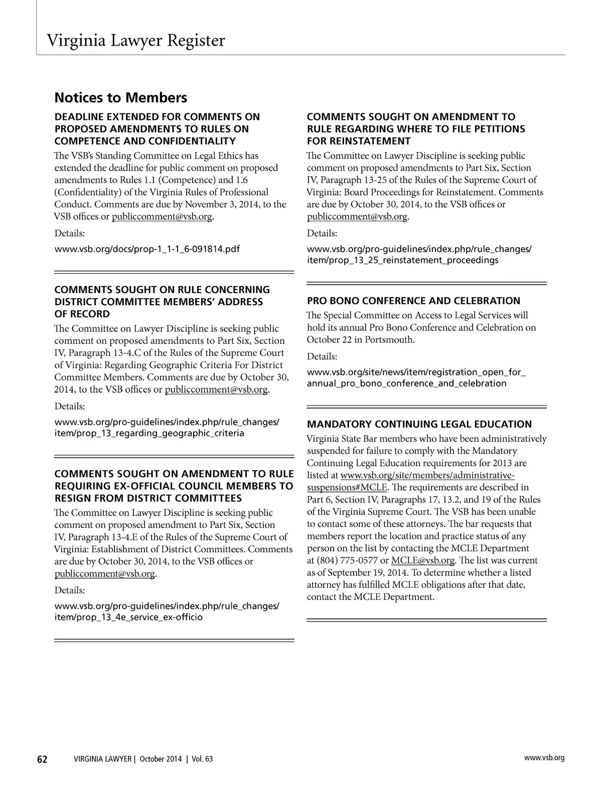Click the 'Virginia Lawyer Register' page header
pos(135,40)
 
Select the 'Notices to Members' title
pos(120,97)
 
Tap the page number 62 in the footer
pos(42,759)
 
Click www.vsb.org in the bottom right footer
pos(544,758)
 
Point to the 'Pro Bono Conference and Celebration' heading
pos(413,301)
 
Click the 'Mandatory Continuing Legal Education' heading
pos(419,424)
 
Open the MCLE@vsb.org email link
pos(422,561)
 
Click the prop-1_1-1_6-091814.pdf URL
pos(147,249)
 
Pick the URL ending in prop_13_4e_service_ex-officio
pos(167,611)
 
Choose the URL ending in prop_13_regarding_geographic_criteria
pos(167,427)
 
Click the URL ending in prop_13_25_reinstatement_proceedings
pos(419,254)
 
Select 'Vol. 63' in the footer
pos(201,759)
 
